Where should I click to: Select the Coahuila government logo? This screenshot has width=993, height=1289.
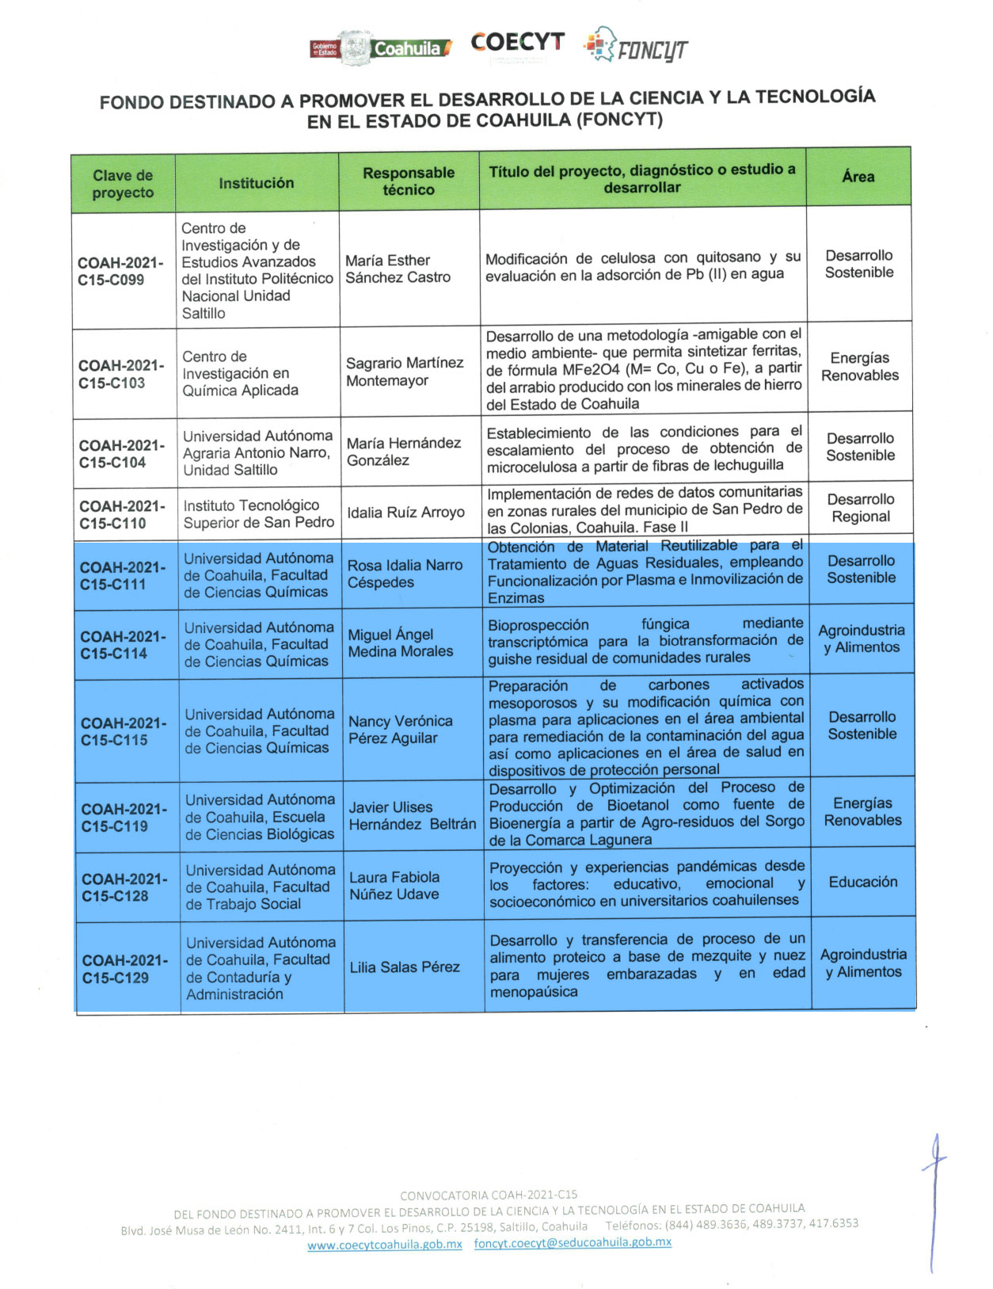(x=381, y=48)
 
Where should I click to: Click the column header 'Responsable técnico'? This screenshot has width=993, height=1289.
(x=409, y=181)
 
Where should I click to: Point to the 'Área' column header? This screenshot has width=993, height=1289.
(x=858, y=177)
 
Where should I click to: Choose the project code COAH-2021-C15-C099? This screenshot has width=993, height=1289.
(x=120, y=271)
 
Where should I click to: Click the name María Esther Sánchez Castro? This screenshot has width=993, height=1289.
(x=398, y=269)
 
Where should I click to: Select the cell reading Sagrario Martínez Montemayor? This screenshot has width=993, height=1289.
(x=405, y=372)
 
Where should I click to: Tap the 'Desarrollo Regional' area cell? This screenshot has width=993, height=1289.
(x=861, y=508)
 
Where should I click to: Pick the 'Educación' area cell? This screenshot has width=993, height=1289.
(x=863, y=882)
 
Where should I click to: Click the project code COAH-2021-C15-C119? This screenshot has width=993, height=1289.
(x=124, y=817)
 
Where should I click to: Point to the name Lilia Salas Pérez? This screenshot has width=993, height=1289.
(x=405, y=967)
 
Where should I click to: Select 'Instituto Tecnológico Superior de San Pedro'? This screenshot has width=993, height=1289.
(x=259, y=513)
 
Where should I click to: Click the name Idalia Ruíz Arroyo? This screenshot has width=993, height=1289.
(x=405, y=513)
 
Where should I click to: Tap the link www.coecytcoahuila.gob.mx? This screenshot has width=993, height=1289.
(x=385, y=1244)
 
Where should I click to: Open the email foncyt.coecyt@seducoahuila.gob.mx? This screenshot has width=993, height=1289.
(x=573, y=1242)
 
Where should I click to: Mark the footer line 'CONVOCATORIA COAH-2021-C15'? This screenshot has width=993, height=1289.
(x=489, y=1195)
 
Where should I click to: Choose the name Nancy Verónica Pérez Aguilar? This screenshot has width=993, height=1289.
(x=401, y=730)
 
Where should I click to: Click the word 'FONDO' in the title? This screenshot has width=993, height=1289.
(x=131, y=102)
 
